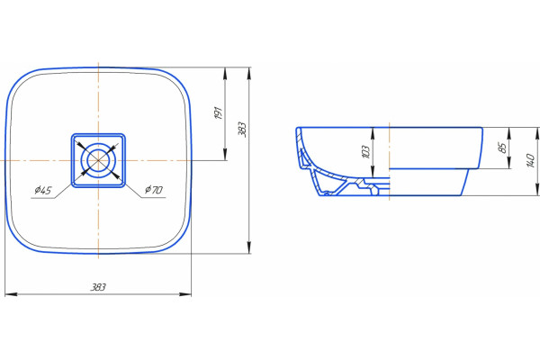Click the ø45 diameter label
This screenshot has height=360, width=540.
click(42, 190)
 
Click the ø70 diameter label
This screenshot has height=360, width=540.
click(154, 190)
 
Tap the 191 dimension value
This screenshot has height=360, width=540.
click(219, 113)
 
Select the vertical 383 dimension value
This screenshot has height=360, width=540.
click(242, 130)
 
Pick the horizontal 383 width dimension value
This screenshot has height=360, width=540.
click(98, 287)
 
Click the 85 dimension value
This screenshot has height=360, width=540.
click(503, 148)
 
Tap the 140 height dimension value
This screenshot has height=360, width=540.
click(531, 160)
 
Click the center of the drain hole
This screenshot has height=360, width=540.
click(98, 160)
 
